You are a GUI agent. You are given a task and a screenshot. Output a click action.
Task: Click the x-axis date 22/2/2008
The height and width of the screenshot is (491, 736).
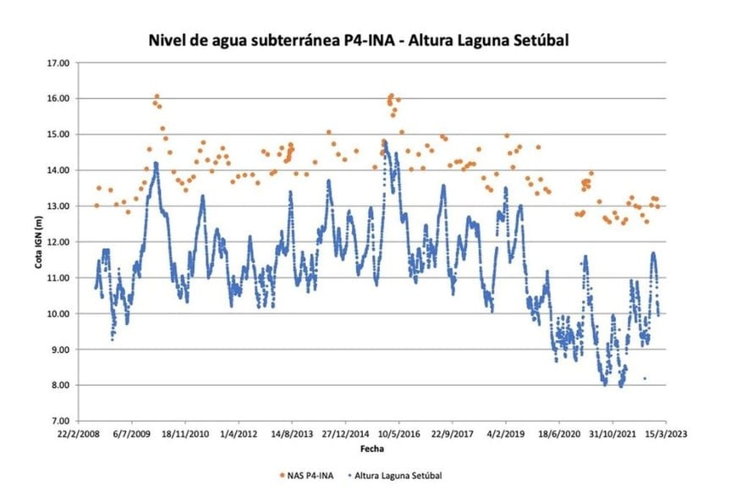(78, 432)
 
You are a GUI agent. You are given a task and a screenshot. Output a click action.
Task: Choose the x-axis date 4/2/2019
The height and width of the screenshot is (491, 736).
(507, 432)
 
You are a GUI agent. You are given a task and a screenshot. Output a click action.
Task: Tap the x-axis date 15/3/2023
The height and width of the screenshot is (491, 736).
(665, 432)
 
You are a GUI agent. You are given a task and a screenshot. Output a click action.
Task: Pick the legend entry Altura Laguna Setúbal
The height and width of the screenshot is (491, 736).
(399, 476)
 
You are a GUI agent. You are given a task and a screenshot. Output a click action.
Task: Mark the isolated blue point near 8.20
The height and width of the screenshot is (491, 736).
(645, 378)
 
